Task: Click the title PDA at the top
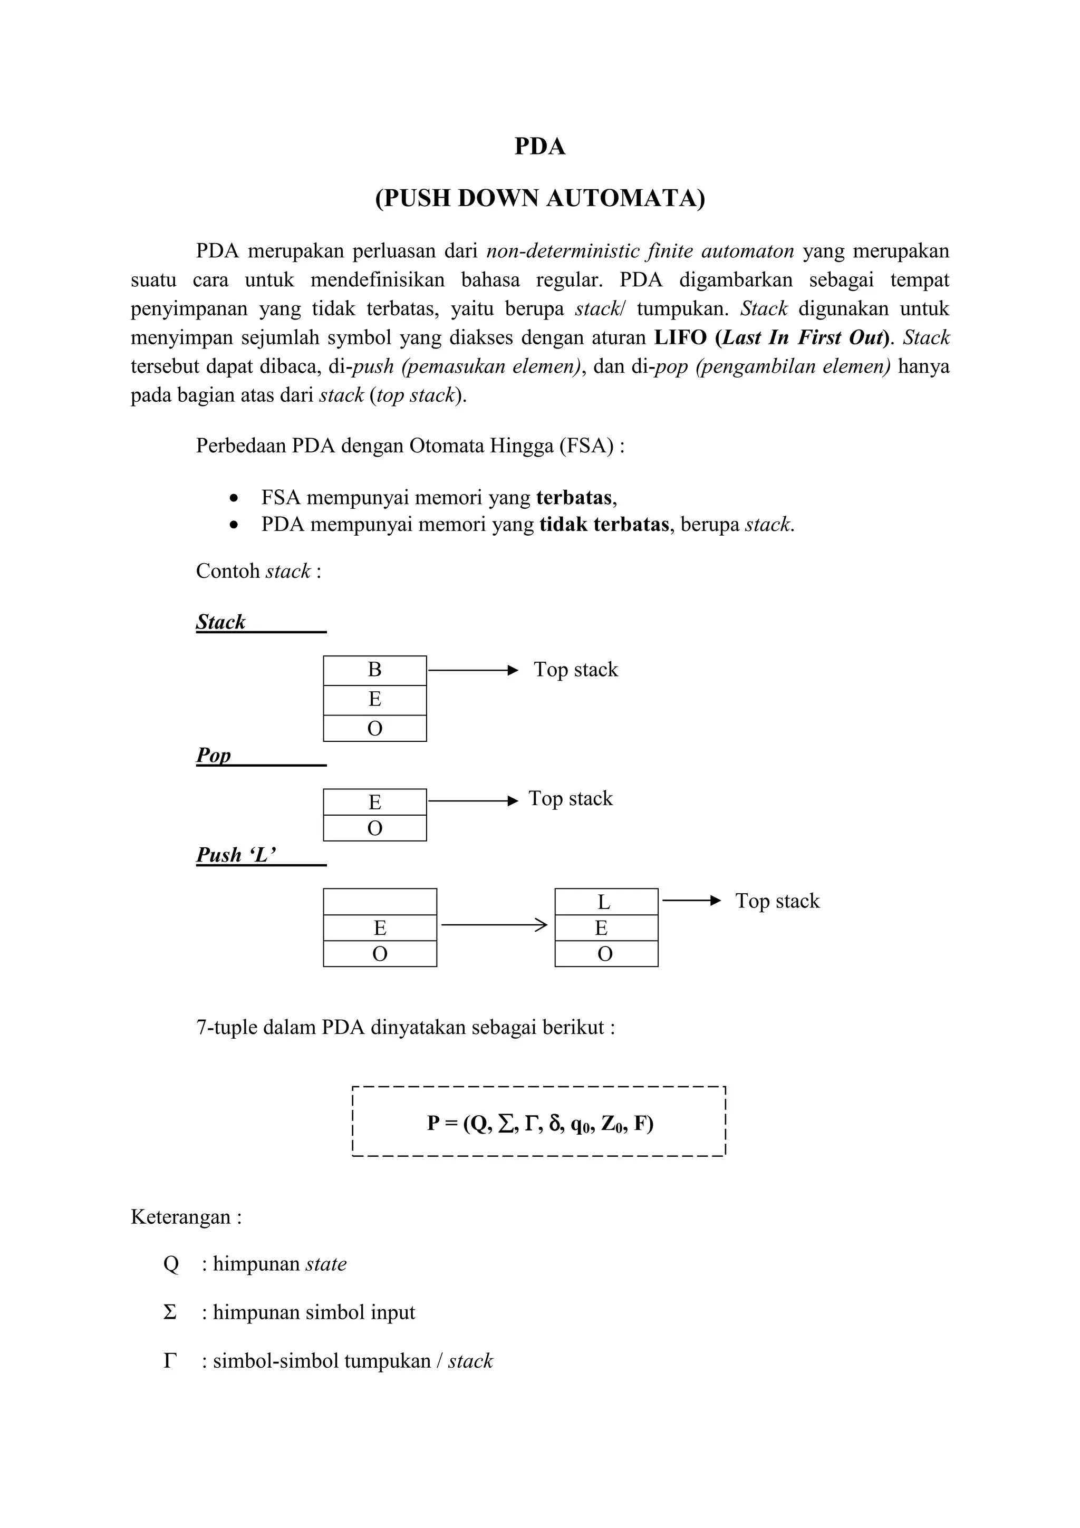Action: [x=539, y=146]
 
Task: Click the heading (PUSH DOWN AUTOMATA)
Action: [x=539, y=198]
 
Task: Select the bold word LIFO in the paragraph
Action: [x=680, y=337]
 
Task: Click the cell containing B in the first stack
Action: [x=374, y=670]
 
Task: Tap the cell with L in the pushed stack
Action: [x=605, y=902]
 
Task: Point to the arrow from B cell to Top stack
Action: [x=472, y=670]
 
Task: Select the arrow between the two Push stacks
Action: [x=494, y=924]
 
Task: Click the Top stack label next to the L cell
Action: [x=777, y=901]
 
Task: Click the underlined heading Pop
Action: [x=214, y=756]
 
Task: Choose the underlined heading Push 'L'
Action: [x=236, y=855]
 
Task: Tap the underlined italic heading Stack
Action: [x=221, y=622]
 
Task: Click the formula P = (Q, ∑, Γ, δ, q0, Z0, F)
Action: [x=539, y=1124]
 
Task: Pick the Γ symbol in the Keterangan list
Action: [x=170, y=1361]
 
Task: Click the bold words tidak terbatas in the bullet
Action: [x=604, y=525]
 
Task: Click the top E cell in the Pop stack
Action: [x=374, y=802]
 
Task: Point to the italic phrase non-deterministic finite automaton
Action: [x=640, y=251]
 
